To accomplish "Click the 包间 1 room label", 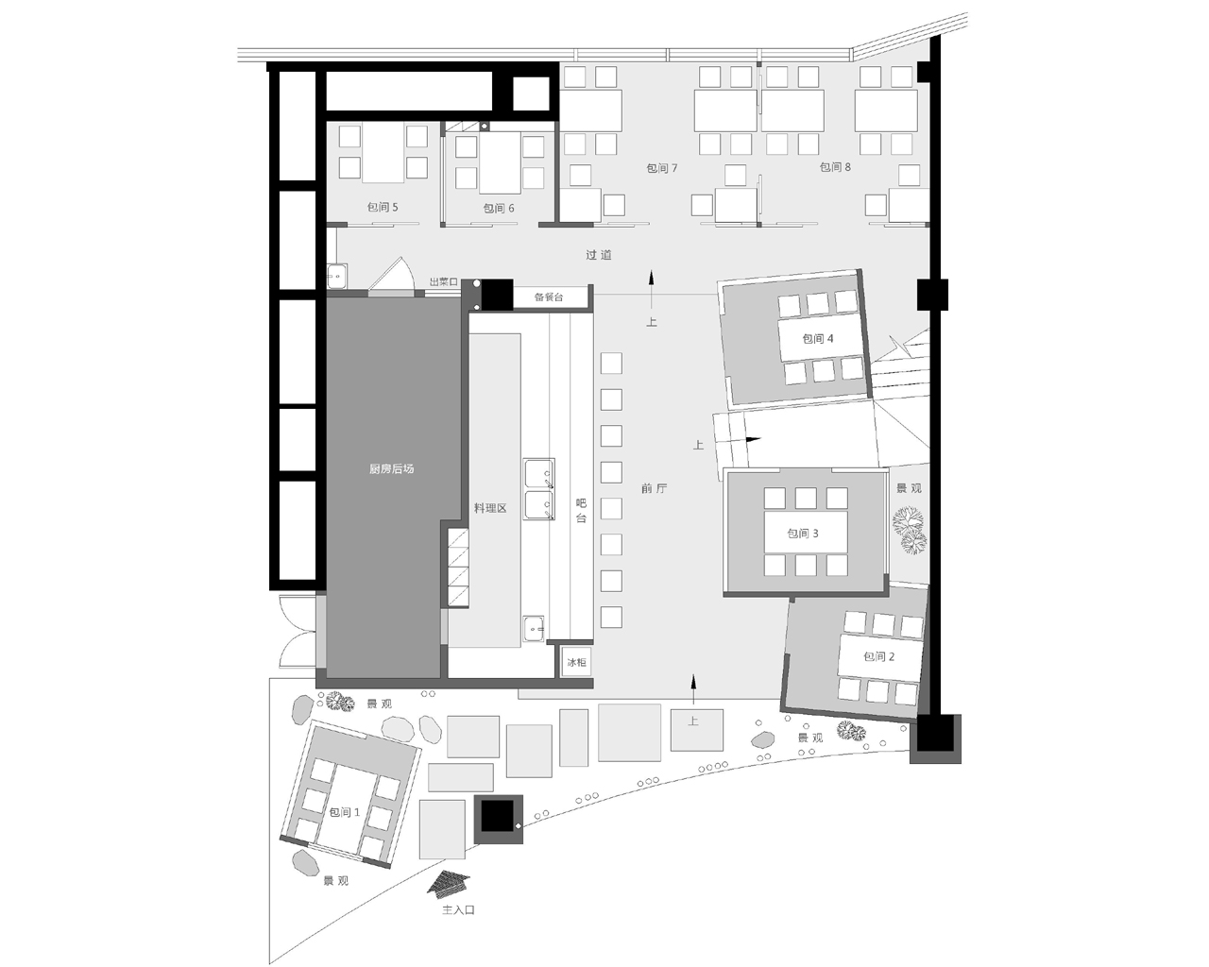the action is (345, 812).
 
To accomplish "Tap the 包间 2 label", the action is (879, 656).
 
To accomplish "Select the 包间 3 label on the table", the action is (803, 534).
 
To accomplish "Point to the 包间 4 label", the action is (818, 338).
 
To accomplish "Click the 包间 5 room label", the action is (383, 208).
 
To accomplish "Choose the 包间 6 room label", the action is (499, 209).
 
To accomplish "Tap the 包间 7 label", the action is (662, 168).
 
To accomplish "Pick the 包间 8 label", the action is (835, 167).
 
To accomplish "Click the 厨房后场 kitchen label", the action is (392, 468).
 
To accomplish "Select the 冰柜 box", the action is (576, 663).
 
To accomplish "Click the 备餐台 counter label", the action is (549, 297).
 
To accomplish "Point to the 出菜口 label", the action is (444, 282).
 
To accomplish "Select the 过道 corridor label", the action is (599, 255).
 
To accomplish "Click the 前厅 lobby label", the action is (655, 488).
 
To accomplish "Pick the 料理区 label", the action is (490, 508).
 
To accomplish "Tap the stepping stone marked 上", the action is (697, 729).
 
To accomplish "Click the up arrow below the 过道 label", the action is (652, 289).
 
